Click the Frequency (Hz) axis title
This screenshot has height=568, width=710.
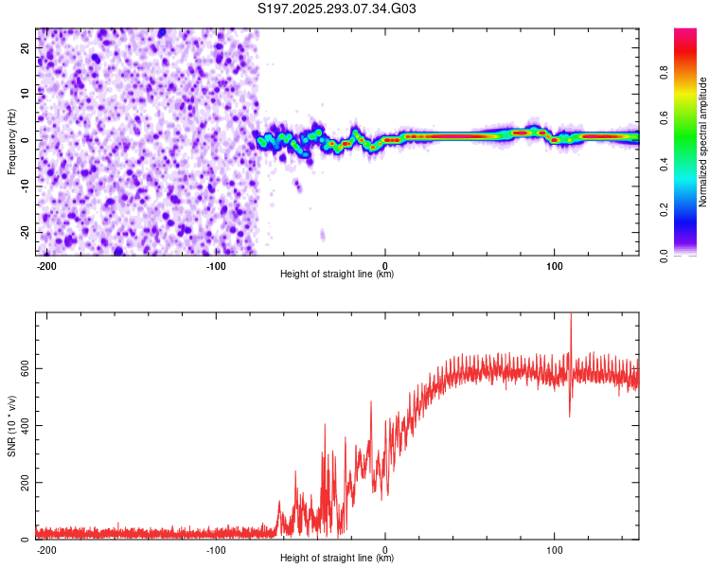tap(11, 141)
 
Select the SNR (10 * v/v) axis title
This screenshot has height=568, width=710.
tap(11, 426)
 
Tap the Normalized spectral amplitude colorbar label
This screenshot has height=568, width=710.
tap(702, 142)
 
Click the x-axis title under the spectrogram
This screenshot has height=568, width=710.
tap(337, 275)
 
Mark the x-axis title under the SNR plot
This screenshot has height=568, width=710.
tap(337, 559)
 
